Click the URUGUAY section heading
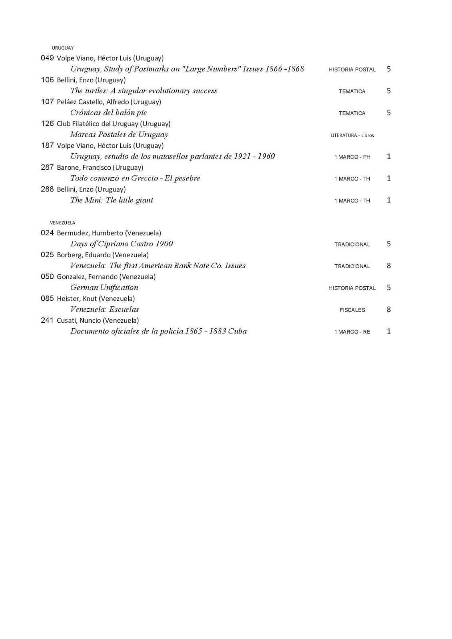pos(62,48)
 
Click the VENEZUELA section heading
pos(62,223)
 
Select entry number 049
pos(47,58)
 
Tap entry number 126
pos(47,123)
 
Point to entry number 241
pos(47,320)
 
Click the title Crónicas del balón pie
pos(109,113)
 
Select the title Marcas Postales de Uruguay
pos(119,135)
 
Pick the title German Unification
pos(104,288)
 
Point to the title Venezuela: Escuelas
pos(105,310)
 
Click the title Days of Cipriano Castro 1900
pos(121,244)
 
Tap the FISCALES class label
pos(352,310)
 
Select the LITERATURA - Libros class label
pos(352,135)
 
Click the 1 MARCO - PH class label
pos(352,157)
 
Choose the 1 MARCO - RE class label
pos(352,332)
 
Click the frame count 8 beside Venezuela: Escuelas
pos(388,310)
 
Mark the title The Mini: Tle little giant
pos(112,200)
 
